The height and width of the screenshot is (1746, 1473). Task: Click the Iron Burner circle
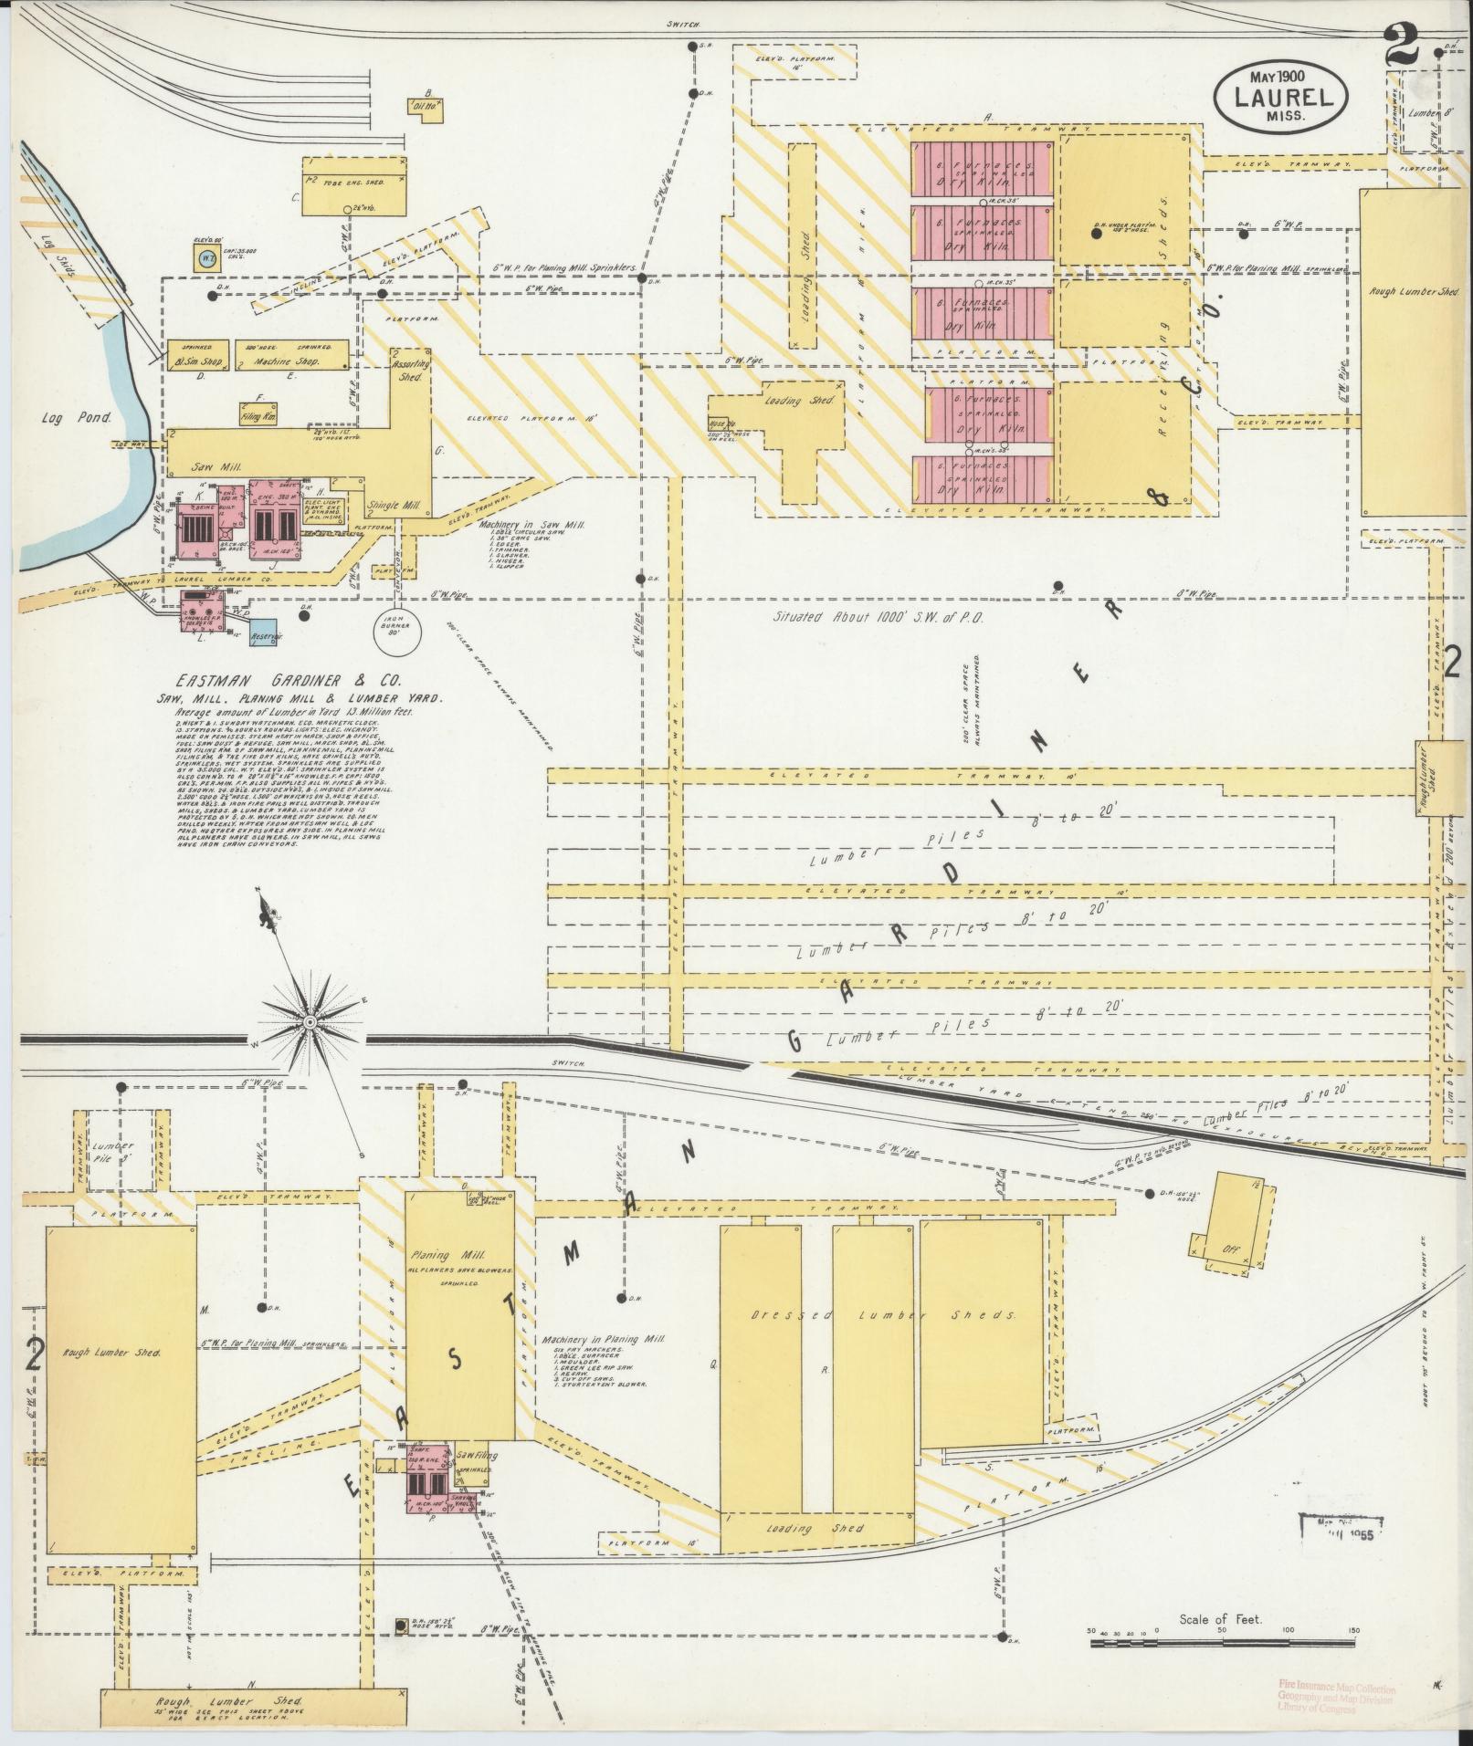point(398,629)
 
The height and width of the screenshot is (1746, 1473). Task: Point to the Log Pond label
point(76,418)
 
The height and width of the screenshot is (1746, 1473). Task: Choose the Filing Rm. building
point(259,413)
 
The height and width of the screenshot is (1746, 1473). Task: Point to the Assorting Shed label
point(411,369)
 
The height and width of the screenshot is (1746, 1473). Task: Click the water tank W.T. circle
point(206,259)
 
